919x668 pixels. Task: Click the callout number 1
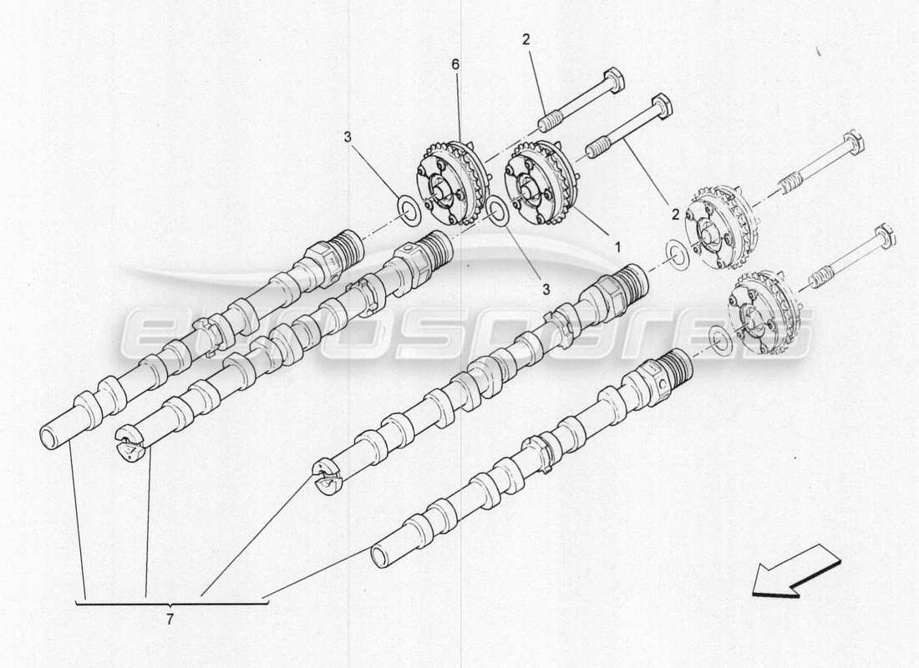[x=618, y=247]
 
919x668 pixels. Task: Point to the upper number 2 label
[x=526, y=38]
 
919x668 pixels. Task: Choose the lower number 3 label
[x=545, y=289]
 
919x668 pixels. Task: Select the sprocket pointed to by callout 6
[x=450, y=182]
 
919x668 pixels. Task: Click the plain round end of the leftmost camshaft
[x=51, y=436]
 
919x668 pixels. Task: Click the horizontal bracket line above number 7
[x=172, y=602]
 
